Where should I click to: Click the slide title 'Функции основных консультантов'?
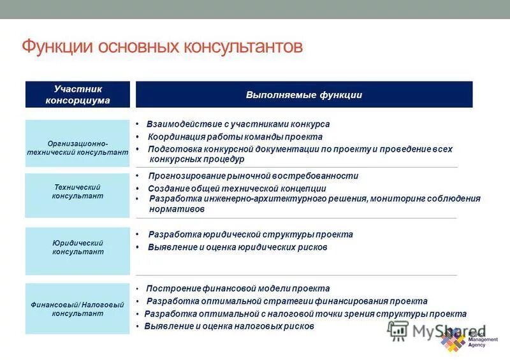(162, 48)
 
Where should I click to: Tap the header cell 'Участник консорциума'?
(77, 94)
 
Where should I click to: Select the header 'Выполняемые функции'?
(304, 95)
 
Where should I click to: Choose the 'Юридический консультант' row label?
(77, 247)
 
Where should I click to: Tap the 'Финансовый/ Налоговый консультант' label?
(77, 309)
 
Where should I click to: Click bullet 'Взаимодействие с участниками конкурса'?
(238, 124)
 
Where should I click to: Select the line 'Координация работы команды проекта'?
(235, 137)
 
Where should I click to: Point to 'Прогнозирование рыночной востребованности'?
(253, 176)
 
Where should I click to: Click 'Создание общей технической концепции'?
(237, 189)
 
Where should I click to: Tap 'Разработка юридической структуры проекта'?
(250, 234)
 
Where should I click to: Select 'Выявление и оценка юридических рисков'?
(237, 247)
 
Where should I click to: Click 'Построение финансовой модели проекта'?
(238, 289)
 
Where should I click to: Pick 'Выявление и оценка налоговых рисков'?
(229, 326)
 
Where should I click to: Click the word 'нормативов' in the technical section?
(177, 209)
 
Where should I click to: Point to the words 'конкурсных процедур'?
(196, 159)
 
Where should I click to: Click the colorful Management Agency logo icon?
(453, 341)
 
